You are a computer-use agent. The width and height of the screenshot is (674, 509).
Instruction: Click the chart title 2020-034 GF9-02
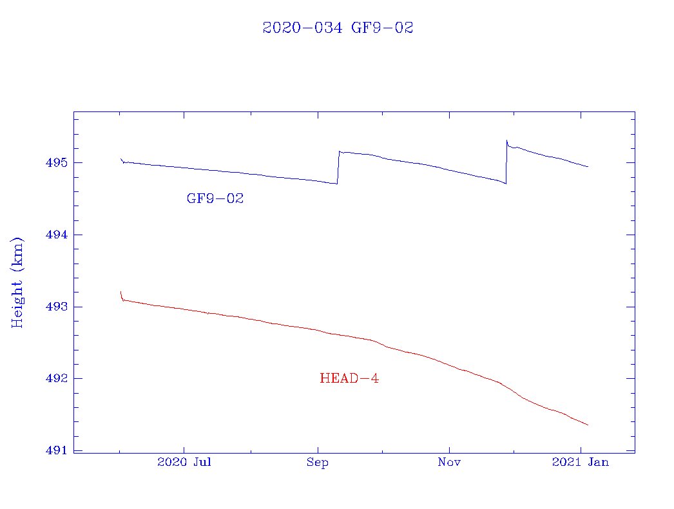point(338,28)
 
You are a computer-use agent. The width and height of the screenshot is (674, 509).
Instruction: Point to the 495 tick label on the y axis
point(55,162)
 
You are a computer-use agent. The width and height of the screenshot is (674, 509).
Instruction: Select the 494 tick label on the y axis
point(55,235)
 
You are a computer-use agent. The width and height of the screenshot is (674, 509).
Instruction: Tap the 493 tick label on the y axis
point(55,307)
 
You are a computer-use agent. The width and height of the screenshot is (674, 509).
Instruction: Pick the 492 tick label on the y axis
point(55,378)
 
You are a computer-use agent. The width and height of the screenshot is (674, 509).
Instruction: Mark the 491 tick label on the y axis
point(55,450)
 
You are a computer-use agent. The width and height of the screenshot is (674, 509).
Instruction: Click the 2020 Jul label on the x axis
point(184,462)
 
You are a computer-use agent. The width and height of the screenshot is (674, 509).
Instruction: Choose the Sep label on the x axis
point(317,462)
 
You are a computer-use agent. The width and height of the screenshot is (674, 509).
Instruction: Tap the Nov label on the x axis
point(449,462)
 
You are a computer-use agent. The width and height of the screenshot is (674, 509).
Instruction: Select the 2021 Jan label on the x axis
point(581,462)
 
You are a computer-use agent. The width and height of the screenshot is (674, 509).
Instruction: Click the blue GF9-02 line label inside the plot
point(215,199)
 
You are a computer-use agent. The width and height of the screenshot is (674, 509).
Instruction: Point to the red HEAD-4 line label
point(349,379)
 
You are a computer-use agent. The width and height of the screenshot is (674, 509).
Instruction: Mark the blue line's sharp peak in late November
point(507,140)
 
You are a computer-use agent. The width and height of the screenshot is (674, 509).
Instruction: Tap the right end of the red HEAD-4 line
point(588,425)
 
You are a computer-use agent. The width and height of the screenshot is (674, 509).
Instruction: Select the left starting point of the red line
point(120,292)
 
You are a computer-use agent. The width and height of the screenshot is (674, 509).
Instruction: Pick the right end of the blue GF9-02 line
point(588,167)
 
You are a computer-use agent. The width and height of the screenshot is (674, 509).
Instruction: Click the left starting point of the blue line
point(120,158)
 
